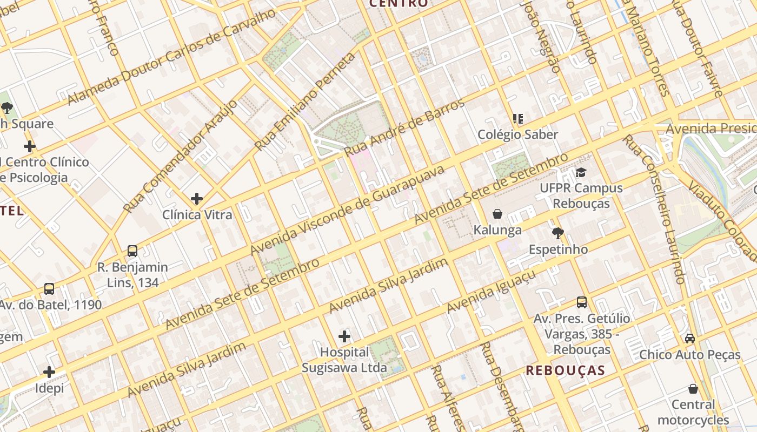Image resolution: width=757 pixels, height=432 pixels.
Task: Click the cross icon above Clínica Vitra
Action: [197, 199]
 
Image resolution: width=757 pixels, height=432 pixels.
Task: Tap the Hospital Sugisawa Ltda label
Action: [344, 360]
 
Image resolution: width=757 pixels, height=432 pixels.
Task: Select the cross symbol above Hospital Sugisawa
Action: [344, 337]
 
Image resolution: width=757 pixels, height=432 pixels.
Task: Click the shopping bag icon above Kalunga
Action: [497, 214]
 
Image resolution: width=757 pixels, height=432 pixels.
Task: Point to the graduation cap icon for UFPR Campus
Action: [581, 172]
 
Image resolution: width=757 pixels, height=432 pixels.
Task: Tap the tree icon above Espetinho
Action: [558, 233]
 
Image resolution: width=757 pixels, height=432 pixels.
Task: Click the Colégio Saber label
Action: [517, 134]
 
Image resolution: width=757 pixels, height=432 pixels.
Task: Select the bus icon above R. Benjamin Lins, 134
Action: [132, 251]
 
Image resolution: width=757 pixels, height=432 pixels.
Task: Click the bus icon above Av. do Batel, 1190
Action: [49, 289]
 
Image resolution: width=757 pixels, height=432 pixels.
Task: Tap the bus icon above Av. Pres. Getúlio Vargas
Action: [582, 302]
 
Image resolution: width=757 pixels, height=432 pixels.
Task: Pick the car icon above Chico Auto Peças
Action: [690, 339]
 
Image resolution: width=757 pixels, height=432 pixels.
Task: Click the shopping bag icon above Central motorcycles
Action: [693, 389]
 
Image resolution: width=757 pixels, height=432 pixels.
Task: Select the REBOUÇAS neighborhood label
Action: [566, 370]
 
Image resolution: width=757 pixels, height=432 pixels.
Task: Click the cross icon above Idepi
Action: [49, 372]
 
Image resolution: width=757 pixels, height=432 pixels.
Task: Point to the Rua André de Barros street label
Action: [404, 127]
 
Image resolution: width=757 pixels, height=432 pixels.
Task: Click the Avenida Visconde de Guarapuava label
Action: [347, 210]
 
